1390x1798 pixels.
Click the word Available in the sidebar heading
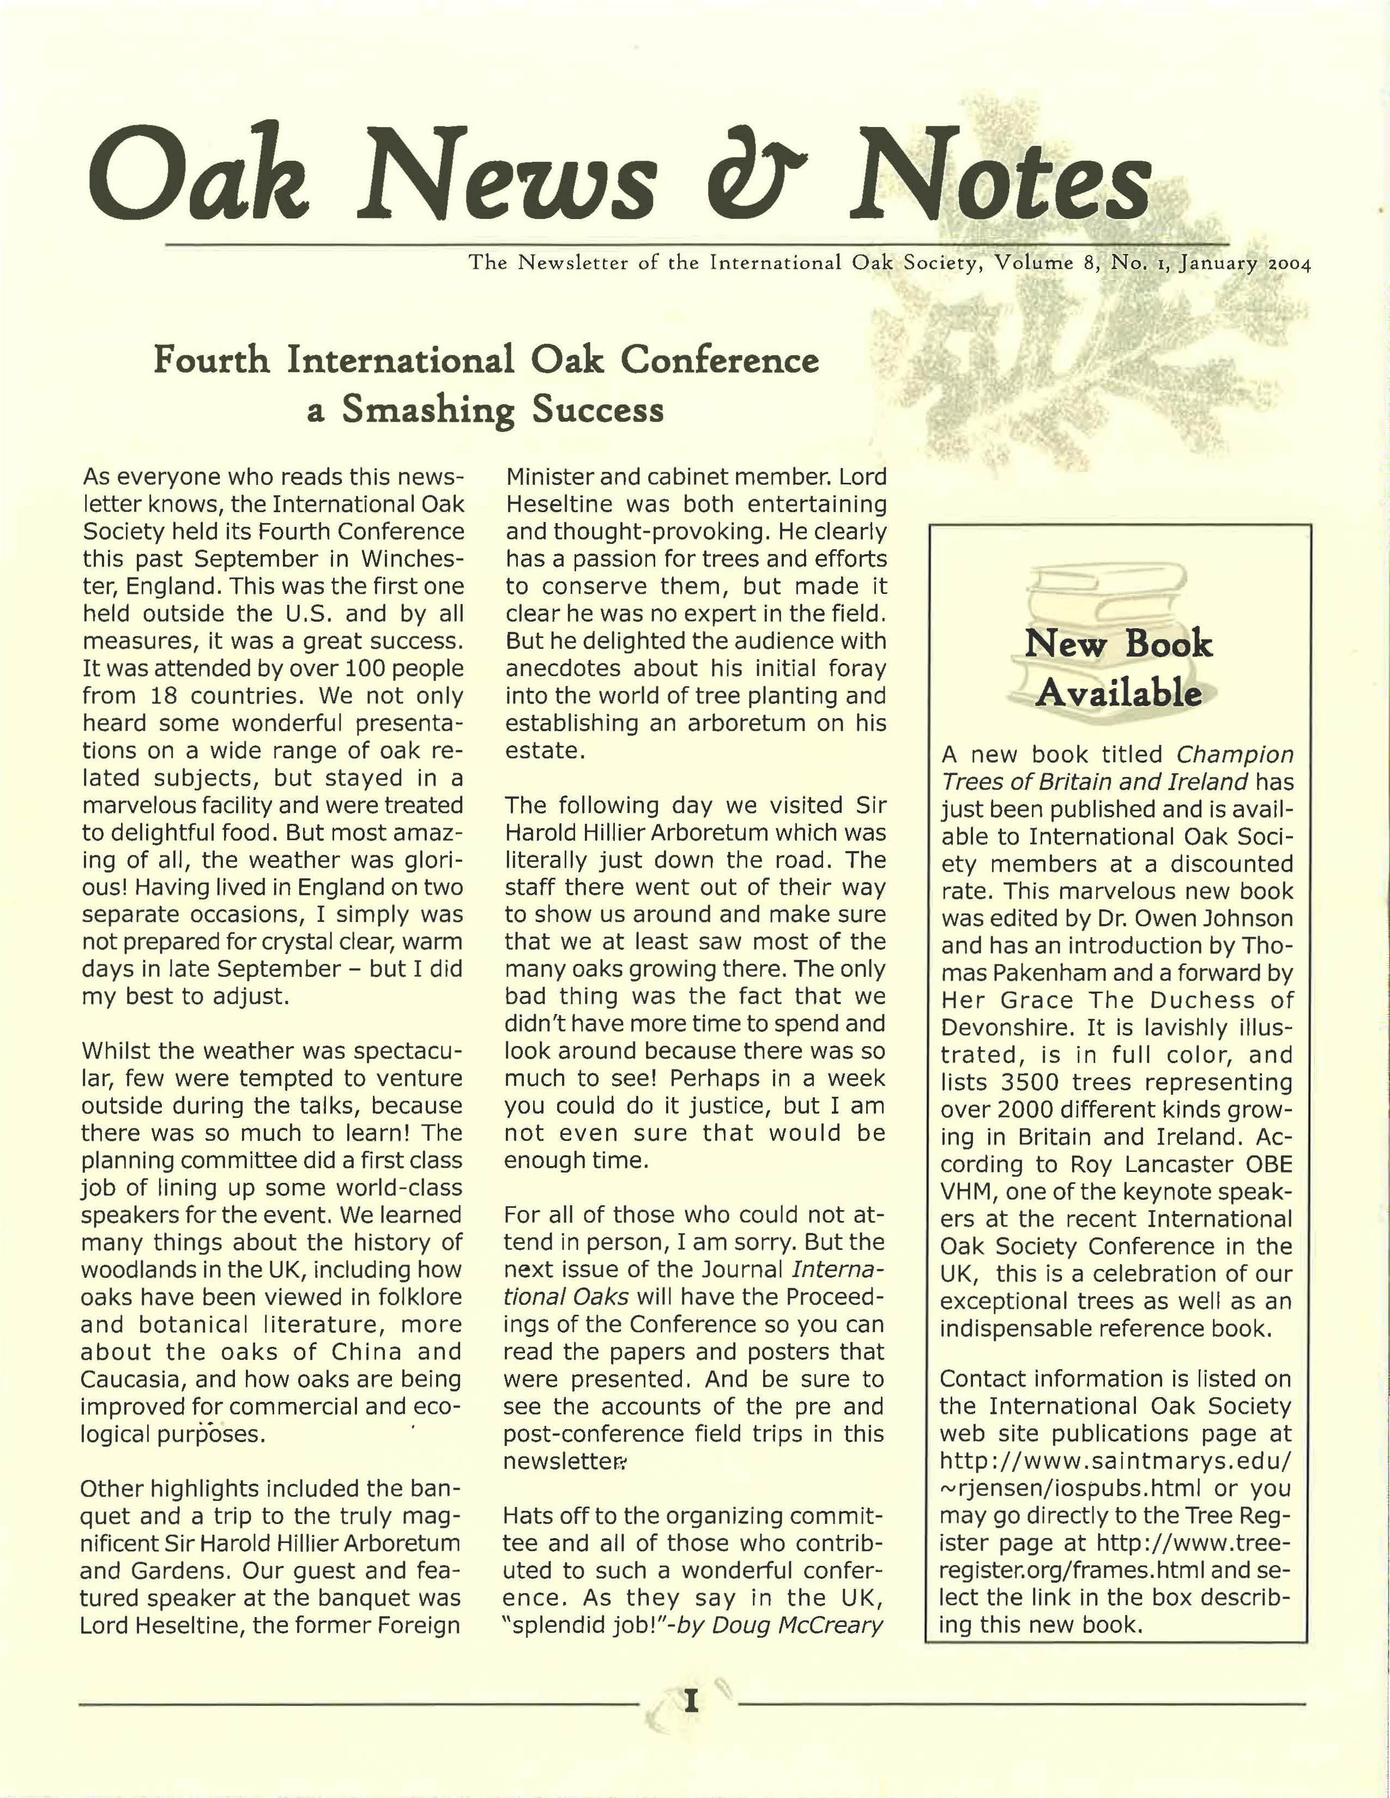[1117, 693]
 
